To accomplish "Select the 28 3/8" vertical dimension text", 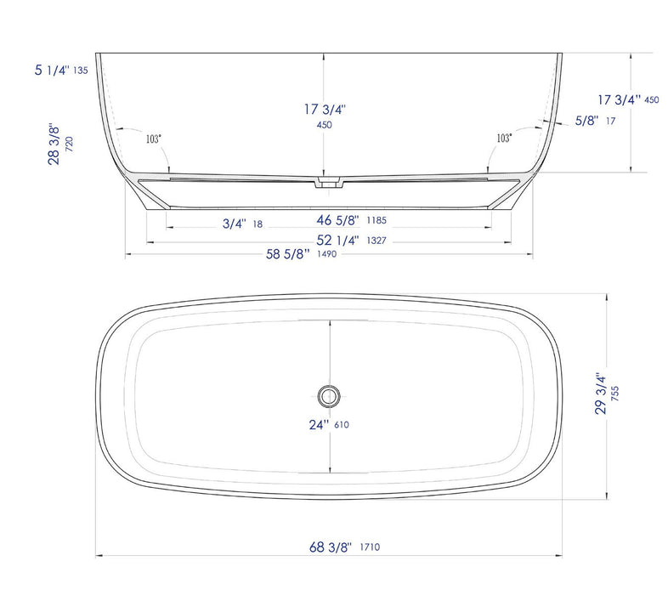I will coord(54,144).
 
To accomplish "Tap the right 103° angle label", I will coord(504,138).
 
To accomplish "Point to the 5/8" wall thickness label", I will coord(586,122).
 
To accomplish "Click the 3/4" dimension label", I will coord(235,224).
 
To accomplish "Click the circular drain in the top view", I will coord(329,394).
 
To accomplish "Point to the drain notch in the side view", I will coord(327,182).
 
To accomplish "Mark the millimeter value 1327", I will coord(377,241).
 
